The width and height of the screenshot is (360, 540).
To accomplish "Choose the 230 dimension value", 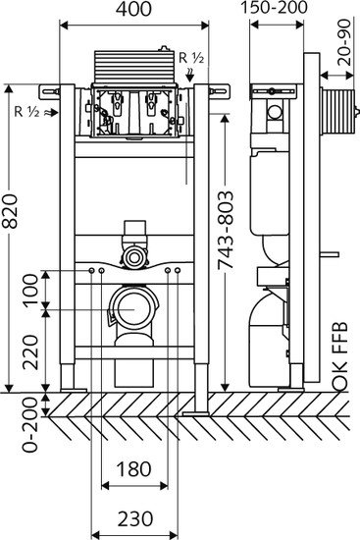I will [x=134, y=518].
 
